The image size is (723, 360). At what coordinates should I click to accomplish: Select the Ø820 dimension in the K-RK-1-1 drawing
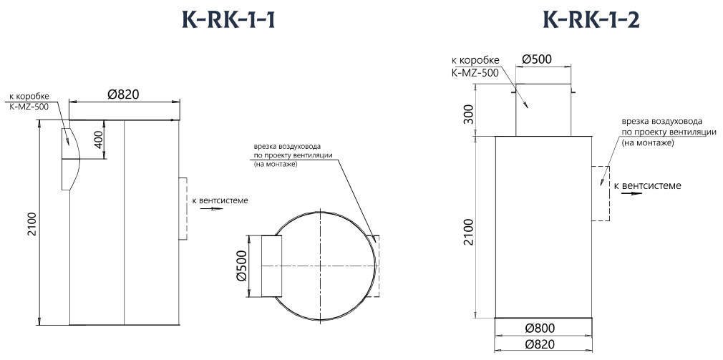122,94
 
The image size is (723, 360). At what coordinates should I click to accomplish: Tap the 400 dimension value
99,140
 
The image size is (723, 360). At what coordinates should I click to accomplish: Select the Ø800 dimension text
543,328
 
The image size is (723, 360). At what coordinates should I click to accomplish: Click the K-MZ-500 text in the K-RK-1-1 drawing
29,107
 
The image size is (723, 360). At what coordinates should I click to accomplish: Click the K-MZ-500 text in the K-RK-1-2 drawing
475,73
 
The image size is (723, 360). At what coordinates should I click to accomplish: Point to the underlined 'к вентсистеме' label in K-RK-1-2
648,186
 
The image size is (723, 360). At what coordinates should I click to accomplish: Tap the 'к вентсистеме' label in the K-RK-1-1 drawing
220,200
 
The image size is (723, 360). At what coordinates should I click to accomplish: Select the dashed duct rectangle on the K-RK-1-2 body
600,193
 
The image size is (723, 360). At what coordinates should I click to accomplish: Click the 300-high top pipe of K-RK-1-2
543,110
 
